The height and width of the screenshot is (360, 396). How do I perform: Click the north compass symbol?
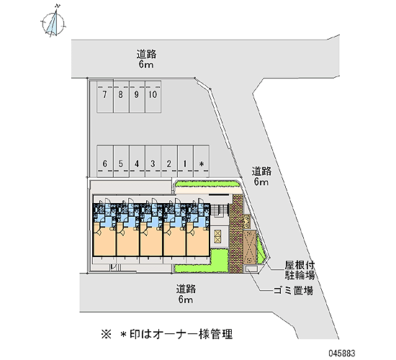tap(53, 23)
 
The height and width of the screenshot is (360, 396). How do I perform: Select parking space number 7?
tap(105, 96)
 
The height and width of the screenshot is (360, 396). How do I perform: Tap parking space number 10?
tap(153, 96)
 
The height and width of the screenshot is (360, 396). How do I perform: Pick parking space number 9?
tap(137, 96)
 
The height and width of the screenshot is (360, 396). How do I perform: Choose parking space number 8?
tap(121, 96)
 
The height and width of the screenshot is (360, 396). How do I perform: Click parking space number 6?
tap(105, 161)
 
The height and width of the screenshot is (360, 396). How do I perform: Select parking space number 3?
tap(153, 161)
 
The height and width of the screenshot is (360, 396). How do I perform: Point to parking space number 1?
tap(185, 161)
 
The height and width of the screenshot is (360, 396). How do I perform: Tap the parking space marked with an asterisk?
tap(202, 161)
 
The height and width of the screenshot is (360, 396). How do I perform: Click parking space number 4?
tap(137, 161)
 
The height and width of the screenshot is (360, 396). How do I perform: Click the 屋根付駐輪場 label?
tap(300, 270)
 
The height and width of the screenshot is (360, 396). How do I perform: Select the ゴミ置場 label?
tap(294, 291)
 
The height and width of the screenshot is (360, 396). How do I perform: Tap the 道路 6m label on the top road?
tap(146, 59)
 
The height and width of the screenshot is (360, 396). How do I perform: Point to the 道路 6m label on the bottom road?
tap(186, 294)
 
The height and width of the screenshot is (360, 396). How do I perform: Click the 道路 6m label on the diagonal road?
tap(261, 176)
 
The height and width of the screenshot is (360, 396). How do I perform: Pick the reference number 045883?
tap(342, 353)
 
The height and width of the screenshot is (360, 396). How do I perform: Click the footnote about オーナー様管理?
tap(166, 334)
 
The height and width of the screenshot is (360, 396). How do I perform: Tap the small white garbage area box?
tap(251, 269)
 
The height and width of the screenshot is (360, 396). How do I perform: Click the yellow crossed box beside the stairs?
tap(217, 236)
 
